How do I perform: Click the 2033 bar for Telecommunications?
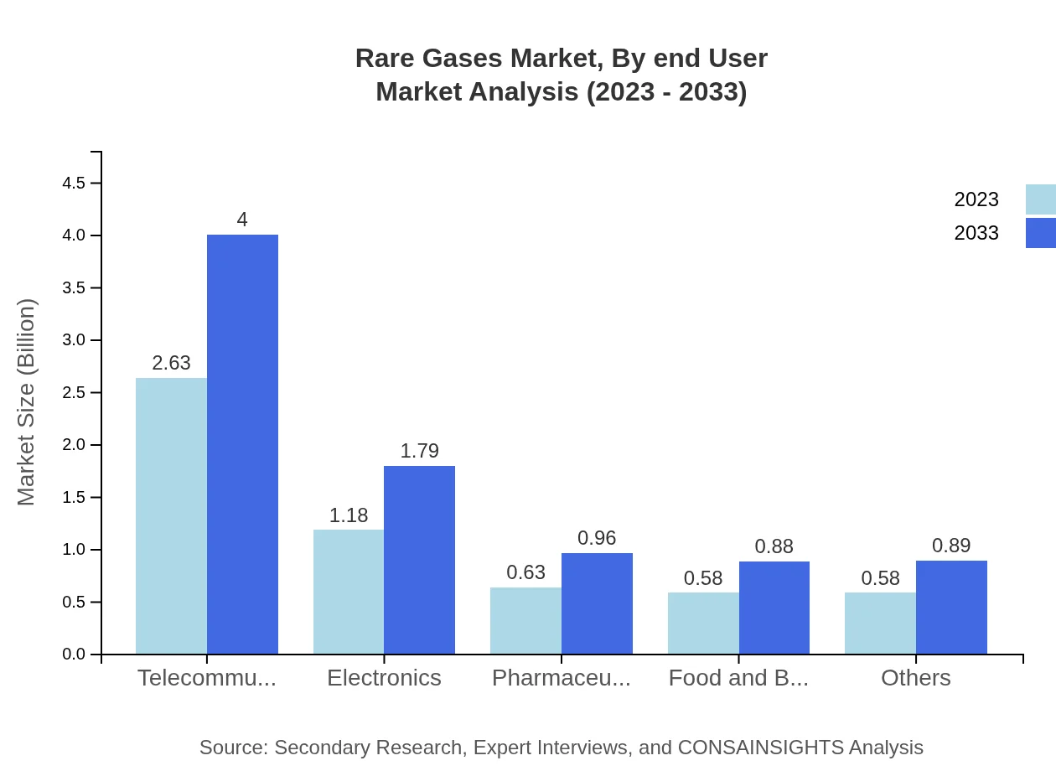(242, 444)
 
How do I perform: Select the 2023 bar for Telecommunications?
(171, 515)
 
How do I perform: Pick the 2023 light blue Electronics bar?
(349, 592)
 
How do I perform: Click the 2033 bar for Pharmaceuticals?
(597, 603)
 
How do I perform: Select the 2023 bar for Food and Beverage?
(703, 624)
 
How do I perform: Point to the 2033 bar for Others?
(951, 608)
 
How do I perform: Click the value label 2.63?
(171, 363)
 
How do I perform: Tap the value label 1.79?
(419, 451)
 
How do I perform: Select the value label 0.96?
(597, 538)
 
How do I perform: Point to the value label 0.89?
(951, 546)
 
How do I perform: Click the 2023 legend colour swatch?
(1040, 199)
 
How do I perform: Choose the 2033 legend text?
(976, 233)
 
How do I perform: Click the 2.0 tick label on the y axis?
(75, 445)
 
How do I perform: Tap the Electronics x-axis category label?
(384, 677)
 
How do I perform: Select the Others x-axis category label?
(915, 677)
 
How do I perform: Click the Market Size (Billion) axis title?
(27, 402)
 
